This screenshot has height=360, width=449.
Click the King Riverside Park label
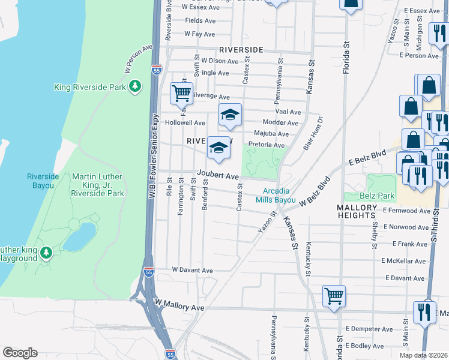[90, 87]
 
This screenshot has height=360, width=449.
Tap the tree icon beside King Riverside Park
[136, 87]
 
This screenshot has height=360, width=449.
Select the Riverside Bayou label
[43, 181]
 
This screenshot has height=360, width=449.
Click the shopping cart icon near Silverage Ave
[181, 94]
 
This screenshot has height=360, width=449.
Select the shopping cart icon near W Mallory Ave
[334, 295]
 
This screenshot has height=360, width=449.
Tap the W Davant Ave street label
[192, 270]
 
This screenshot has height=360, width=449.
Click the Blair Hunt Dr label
[312, 133]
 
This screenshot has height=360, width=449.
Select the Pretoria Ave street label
[266, 145]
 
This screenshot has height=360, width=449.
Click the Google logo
[20, 353]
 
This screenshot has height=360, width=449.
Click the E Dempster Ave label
[369, 329]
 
